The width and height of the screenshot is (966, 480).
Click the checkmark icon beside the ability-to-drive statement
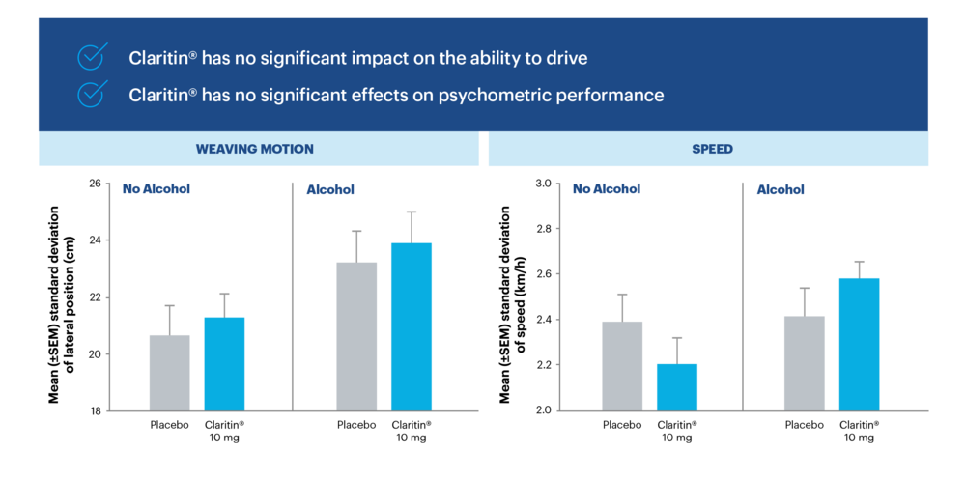tap(91, 58)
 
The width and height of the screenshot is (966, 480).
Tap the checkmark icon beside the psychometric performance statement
tap(91, 95)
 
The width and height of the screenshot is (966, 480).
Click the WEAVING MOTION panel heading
tap(254, 150)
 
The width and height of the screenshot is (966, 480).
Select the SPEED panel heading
tap(712, 150)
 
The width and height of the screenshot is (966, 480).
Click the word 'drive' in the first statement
tap(566, 58)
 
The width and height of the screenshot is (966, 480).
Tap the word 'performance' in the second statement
tap(613, 95)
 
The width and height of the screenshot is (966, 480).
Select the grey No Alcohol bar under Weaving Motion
tap(169, 372)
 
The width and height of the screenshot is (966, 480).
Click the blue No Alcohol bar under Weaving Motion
tap(224, 363)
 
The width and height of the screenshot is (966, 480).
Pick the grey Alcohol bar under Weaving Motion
tap(356, 336)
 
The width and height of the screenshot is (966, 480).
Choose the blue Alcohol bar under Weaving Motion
tap(412, 326)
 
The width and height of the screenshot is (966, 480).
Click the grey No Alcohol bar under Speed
tap(622, 365)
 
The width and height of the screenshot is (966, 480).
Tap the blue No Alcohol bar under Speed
tap(676, 386)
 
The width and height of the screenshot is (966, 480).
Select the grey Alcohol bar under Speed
tap(804, 363)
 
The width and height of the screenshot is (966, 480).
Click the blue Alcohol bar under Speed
tap(859, 344)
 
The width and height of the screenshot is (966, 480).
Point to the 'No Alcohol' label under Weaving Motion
tap(156, 189)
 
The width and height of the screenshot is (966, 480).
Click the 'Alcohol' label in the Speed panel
tap(781, 190)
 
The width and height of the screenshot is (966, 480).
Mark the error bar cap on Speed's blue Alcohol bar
tap(859, 262)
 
